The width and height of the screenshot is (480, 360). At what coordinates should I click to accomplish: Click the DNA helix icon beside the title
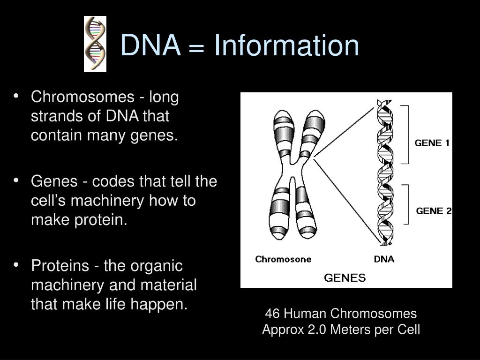95,44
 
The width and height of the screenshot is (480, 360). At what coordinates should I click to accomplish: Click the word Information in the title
286,46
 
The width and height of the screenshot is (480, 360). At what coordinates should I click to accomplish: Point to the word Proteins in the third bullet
60,266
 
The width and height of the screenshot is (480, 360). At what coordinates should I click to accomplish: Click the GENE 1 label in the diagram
432,143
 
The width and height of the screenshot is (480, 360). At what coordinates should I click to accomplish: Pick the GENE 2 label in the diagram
434,211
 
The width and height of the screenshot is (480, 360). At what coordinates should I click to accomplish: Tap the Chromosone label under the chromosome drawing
283,259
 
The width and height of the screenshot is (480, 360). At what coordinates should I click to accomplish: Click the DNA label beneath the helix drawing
384,259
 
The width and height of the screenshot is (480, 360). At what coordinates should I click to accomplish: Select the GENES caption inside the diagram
345,277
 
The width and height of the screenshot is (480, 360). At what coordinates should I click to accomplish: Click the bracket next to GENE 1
406,134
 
